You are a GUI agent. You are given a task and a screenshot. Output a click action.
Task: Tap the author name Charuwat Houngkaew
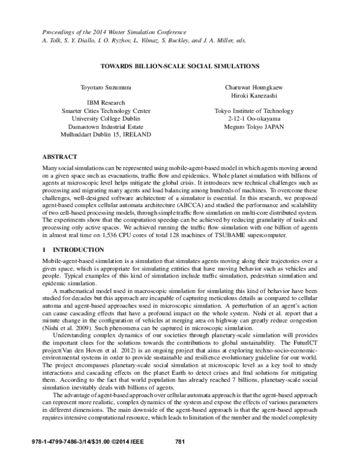point(254,88)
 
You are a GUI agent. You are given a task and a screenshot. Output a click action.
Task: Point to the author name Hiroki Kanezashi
point(254,95)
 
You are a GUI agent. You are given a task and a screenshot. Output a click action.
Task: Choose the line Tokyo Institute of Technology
point(254,111)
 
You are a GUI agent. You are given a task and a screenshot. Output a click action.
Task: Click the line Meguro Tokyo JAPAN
point(254,127)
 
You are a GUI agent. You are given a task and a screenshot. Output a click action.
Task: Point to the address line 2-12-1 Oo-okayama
point(254,119)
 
